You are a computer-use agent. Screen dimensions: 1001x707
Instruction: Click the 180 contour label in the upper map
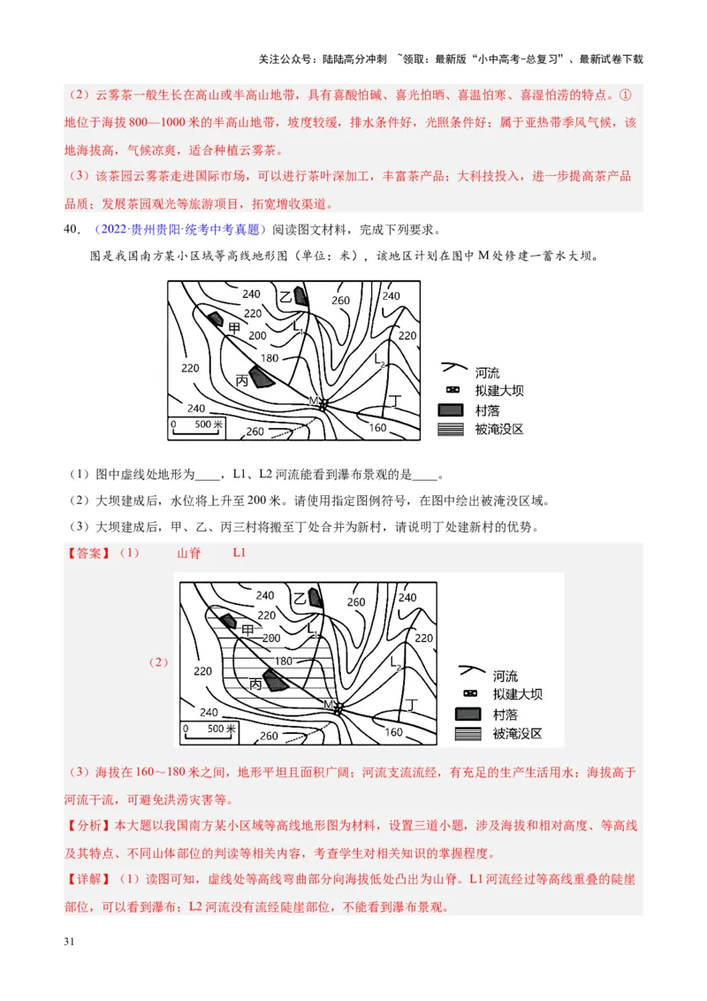(270, 358)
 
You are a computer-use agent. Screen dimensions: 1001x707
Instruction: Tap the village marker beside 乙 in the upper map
(301, 295)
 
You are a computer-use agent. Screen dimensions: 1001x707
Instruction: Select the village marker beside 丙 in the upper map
(260, 377)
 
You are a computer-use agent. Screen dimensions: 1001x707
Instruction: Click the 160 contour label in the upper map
(377, 428)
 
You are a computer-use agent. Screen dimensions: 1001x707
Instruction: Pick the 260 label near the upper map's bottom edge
(255, 432)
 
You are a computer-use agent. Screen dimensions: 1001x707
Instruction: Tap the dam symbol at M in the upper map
(323, 403)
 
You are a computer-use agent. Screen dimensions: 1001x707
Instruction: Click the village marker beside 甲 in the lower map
(228, 621)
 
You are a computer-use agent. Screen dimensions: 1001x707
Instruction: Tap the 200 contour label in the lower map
(271, 638)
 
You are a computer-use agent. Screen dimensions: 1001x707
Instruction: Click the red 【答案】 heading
(89, 554)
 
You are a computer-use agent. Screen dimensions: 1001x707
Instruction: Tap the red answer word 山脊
(189, 554)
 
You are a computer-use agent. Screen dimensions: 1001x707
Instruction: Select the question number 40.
(73, 231)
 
